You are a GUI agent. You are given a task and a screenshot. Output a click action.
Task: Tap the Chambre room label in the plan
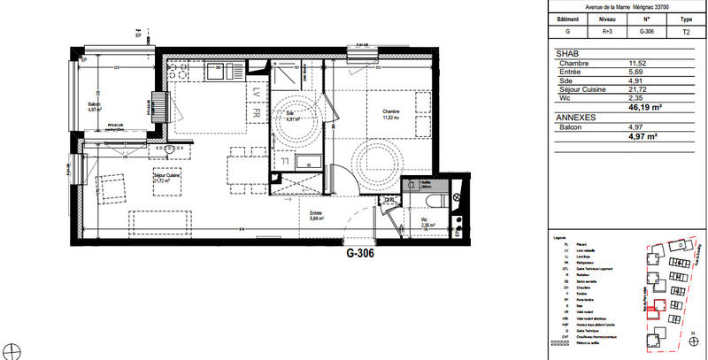tap(391, 112)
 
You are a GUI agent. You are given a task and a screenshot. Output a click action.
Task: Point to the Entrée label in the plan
tap(315, 213)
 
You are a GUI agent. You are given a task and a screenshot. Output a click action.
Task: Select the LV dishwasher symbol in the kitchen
tap(255, 92)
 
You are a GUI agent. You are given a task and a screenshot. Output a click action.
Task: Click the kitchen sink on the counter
tap(216, 70)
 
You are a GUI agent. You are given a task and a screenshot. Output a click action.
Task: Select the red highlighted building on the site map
tap(656, 310)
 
